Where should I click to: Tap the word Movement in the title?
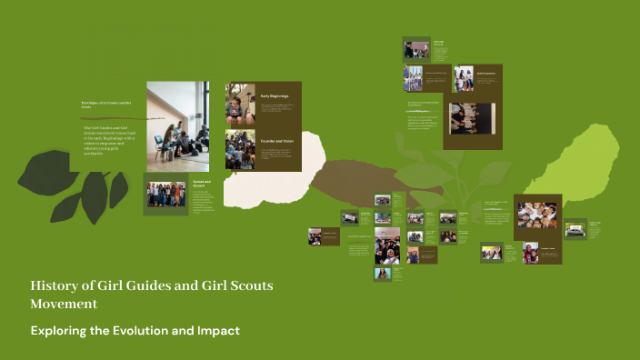tap(64, 304)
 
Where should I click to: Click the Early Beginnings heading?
tap(275, 95)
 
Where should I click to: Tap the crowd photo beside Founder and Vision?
tap(239, 148)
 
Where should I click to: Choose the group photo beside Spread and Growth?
tap(165, 195)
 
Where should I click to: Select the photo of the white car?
tap(575, 230)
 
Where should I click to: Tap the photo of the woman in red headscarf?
tap(530, 254)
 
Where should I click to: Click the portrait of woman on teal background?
tap(382, 274)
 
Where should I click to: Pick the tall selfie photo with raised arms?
tap(386, 245)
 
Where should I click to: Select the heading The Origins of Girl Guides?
tap(107, 105)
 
